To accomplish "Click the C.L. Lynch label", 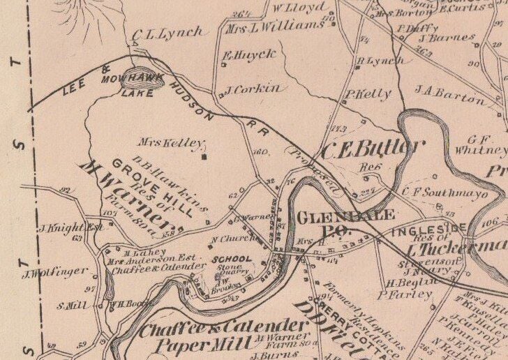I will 167,33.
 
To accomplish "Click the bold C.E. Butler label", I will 373,148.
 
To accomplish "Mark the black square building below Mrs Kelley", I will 204,157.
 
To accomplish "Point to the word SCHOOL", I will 232,259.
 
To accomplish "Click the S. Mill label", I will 72,305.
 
